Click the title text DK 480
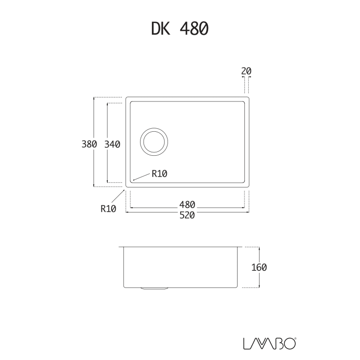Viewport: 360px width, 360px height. click(x=180, y=28)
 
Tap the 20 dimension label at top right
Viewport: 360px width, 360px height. click(x=246, y=71)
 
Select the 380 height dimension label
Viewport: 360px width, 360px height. click(x=89, y=144)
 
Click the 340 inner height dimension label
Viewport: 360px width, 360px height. click(x=112, y=144)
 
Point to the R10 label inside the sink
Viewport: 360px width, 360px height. click(x=160, y=174)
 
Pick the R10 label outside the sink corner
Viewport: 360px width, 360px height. click(x=108, y=209)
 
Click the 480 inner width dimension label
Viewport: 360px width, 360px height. click(x=187, y=204)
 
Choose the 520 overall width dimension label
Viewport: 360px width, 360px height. click(x=187, y=215)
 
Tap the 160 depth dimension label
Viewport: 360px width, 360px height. click(x=259, y=267)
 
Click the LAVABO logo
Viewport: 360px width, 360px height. click(x=269, y=343)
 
